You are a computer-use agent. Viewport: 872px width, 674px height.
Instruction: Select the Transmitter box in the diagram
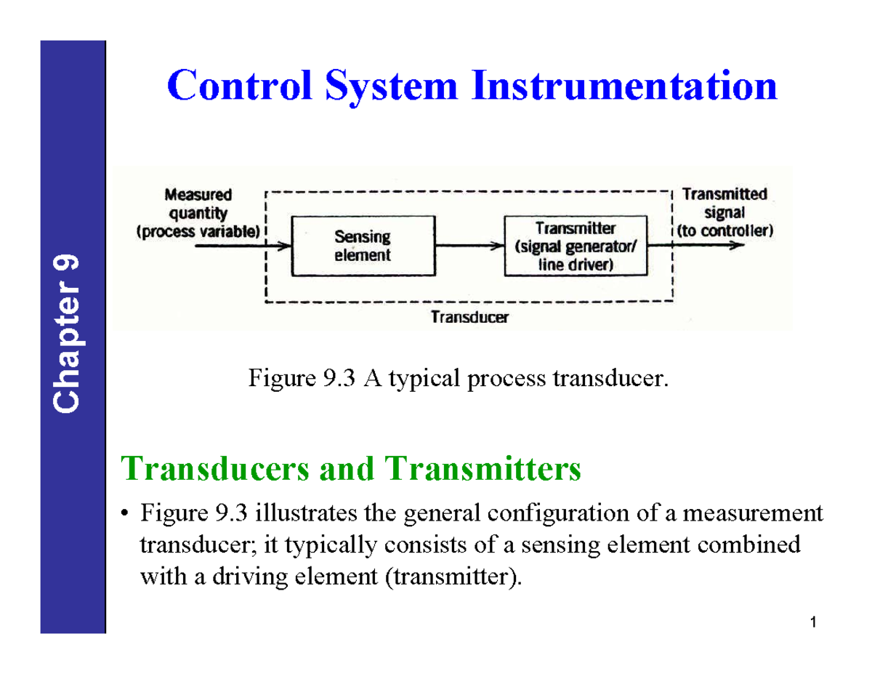[x=576, y=246]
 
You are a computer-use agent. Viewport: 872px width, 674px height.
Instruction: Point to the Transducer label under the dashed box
[x=470, y=317]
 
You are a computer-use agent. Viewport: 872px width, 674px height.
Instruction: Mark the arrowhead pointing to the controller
[x=737, y=246]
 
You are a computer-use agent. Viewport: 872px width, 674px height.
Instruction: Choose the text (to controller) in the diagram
[x=724, y=231]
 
